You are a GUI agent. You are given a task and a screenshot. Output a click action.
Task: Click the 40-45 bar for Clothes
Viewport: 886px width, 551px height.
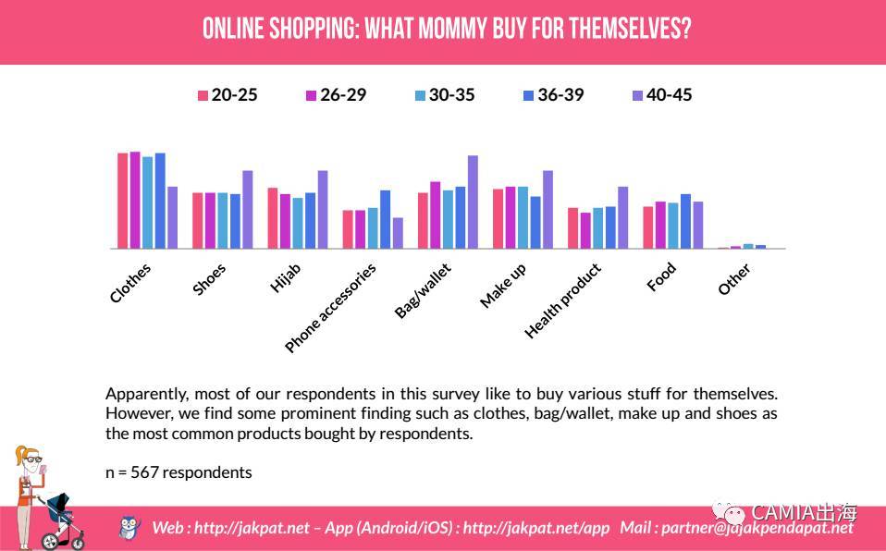coord(172,217)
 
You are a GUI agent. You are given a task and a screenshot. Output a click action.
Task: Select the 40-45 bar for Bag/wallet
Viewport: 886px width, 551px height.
coord(473,202)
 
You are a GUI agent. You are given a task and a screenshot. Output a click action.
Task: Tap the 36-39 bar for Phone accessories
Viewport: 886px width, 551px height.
coord(385,219)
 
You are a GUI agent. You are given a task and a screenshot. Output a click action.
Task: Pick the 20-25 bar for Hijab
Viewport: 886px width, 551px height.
coord(273,218)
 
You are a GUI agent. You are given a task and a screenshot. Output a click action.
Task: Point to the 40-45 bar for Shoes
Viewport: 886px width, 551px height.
coord(247,209)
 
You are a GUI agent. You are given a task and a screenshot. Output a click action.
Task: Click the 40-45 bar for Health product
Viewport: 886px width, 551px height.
coord(622,217)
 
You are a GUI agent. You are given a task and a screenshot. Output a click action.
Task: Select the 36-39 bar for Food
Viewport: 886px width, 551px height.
coord(685,221)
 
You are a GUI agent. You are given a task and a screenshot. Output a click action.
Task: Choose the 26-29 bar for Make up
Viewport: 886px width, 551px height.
coord(511,217)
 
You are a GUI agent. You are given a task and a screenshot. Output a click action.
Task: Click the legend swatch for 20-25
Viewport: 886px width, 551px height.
coord(203,95)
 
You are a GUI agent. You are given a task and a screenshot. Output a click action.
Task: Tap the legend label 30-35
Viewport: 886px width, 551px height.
coord(451,94)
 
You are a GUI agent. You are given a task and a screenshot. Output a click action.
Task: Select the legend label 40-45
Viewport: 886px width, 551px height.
coord(669,94)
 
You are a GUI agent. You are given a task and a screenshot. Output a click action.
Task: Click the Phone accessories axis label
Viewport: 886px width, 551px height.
coord(331,308)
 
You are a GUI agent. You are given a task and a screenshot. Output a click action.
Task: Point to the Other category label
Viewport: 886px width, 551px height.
coord(734,279)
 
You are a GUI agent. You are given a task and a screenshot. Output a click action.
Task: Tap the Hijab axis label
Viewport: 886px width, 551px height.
coord(286,277)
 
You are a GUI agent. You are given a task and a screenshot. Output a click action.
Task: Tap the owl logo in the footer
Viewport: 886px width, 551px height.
coord(129,527)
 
